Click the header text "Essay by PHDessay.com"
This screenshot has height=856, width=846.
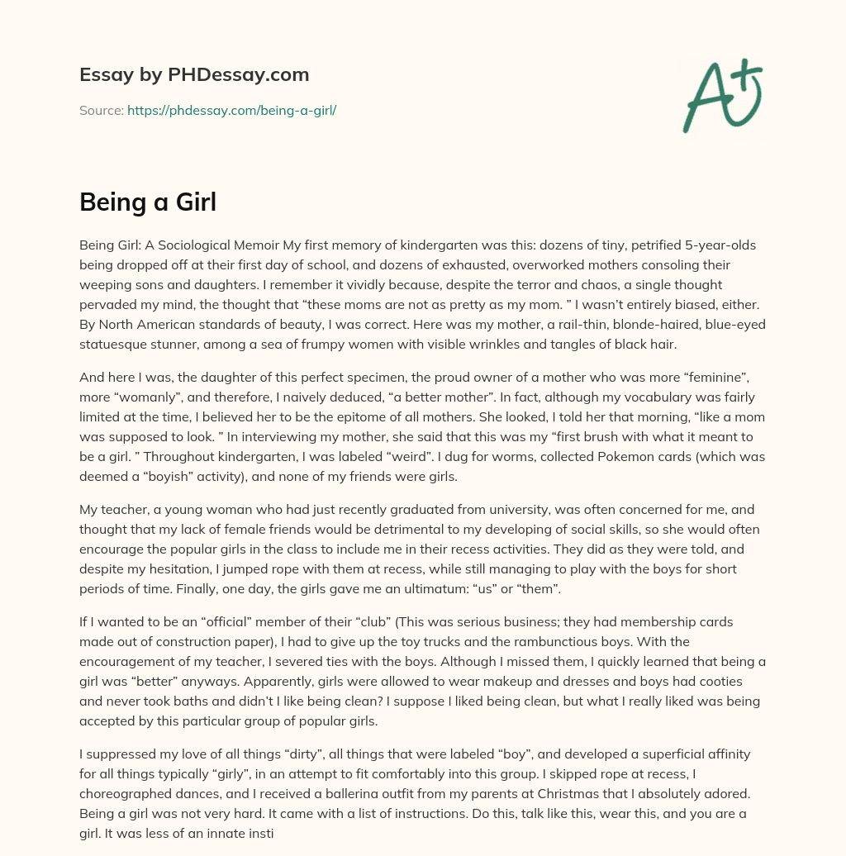(x=194, y=75)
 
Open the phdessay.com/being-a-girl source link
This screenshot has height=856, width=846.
(x=231, y=110)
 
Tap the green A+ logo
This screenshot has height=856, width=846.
(x=721, y=95)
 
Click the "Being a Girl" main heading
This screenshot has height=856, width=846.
(x=148, y=202)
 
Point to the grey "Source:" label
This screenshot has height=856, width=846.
(x=101, y=110)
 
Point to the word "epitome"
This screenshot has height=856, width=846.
(x=501, y=416)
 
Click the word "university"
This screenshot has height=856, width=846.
(x=488, y=509)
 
